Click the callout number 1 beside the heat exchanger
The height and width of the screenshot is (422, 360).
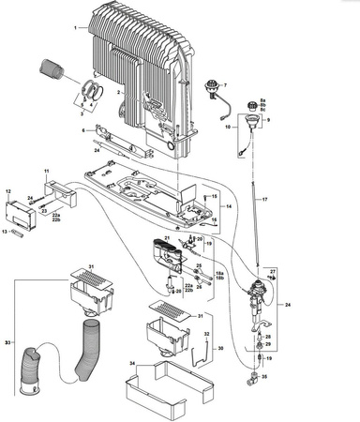tap(75, 28)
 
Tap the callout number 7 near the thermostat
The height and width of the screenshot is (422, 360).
tap(225, 85)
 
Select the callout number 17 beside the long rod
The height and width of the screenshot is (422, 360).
tap(264, 201)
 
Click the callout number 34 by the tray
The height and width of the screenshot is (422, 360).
tap(132, 363)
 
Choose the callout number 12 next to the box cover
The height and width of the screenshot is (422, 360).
tap(9, 190)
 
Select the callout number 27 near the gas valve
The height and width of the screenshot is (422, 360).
tap(273, 270)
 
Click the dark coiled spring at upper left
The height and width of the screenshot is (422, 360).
tap(51, 70)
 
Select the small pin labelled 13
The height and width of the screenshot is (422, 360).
tap(18, 230)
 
